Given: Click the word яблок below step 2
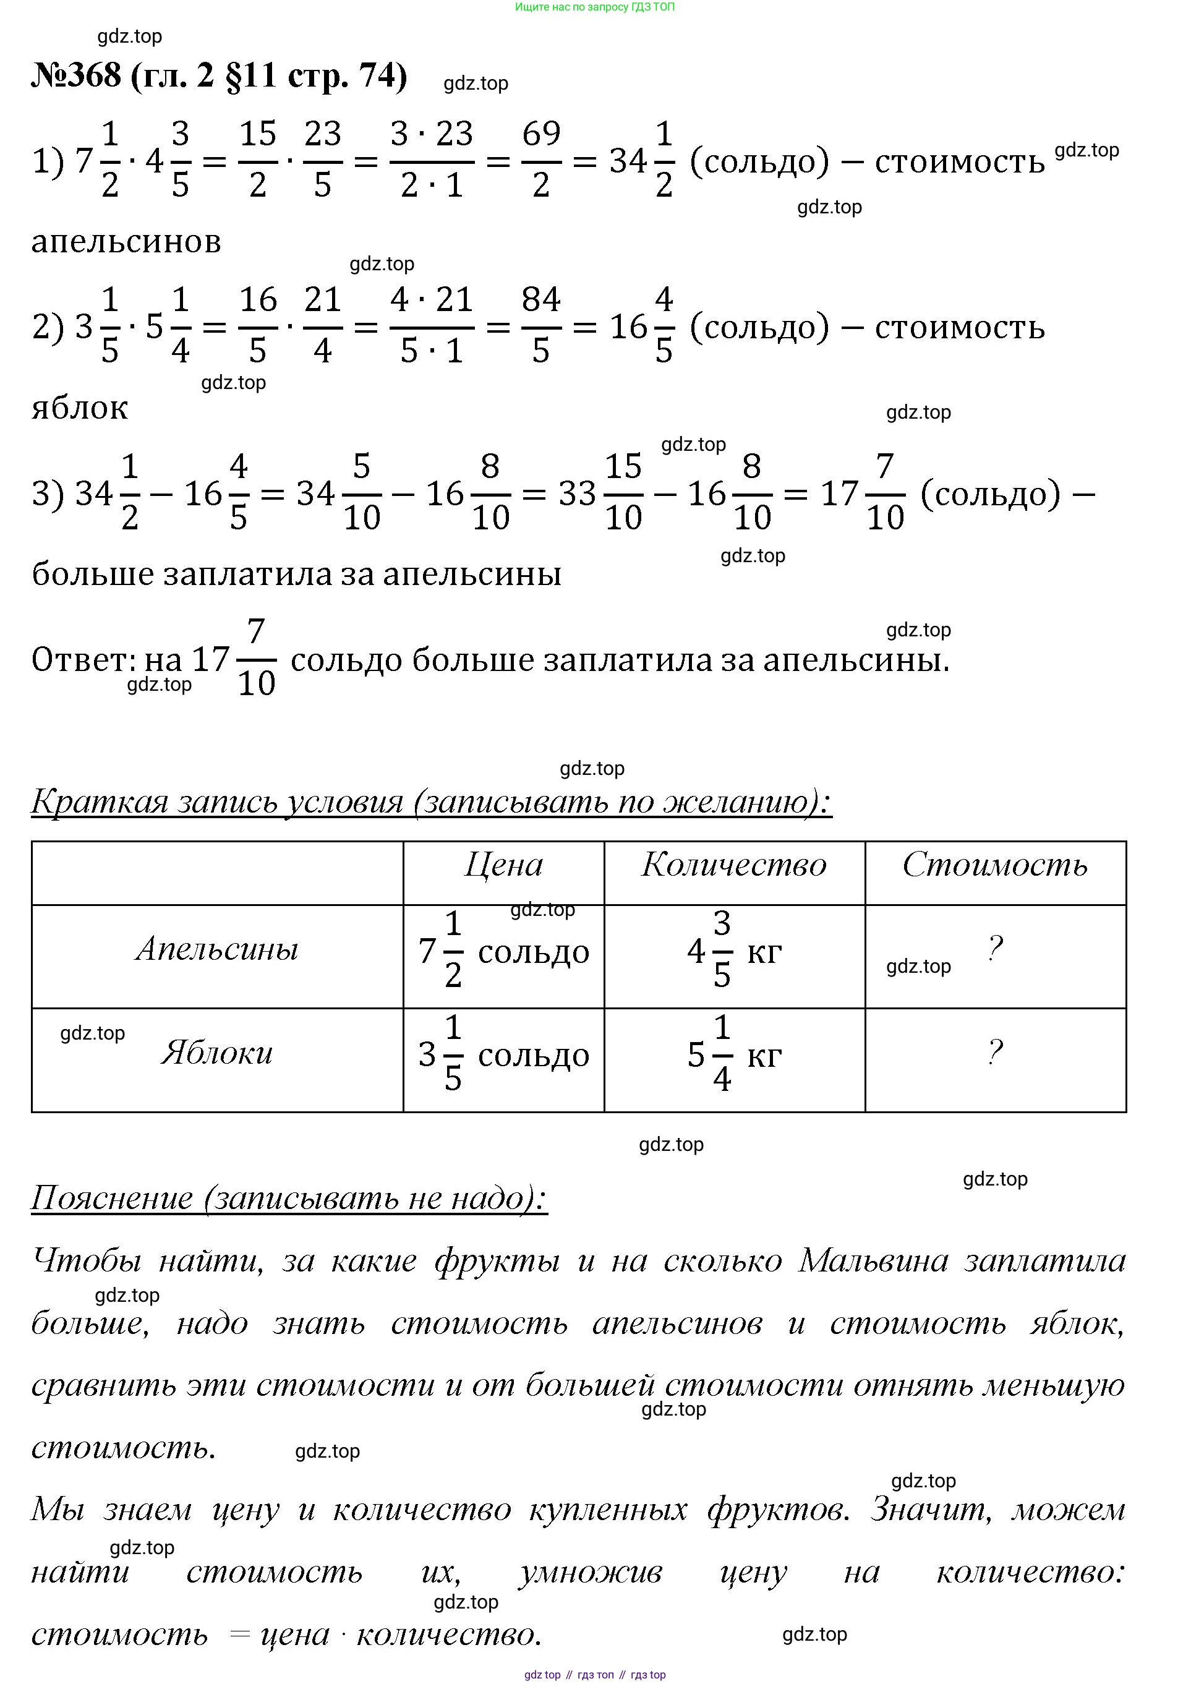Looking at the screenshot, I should [x=80, y=408].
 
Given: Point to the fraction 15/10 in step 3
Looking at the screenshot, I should [x=623, y=492].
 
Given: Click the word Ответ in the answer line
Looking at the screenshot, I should [x=82, y=659].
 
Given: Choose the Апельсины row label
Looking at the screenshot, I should [x=218, y=950].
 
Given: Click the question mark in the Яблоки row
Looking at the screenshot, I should [x=994, y=1053].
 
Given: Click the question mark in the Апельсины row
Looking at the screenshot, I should [x=994, y=949].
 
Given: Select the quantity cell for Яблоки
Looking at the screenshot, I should [x=734, y=1054].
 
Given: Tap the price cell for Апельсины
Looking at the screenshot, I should [x=504, y=951].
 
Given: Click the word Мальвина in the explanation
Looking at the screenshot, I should [x=873, y=1261].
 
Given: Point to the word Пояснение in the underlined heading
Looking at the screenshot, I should [x=112, y=1199].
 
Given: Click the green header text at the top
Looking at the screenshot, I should [x=595, y=7].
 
